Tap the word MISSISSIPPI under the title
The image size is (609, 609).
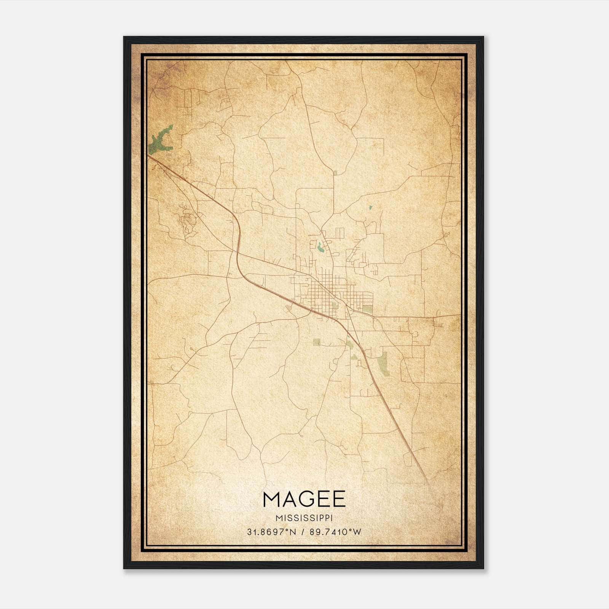tap(304, 518)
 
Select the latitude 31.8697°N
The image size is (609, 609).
tap(271, 532)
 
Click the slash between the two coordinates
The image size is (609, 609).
tap(303, 532)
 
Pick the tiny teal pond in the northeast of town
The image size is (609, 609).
tap(370, 208)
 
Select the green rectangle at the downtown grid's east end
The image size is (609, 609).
tap(367, 309)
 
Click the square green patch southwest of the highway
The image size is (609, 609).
tap(317, 342)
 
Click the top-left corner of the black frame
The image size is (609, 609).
tap(124, 37)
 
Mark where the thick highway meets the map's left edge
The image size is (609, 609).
tap(149, 155)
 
